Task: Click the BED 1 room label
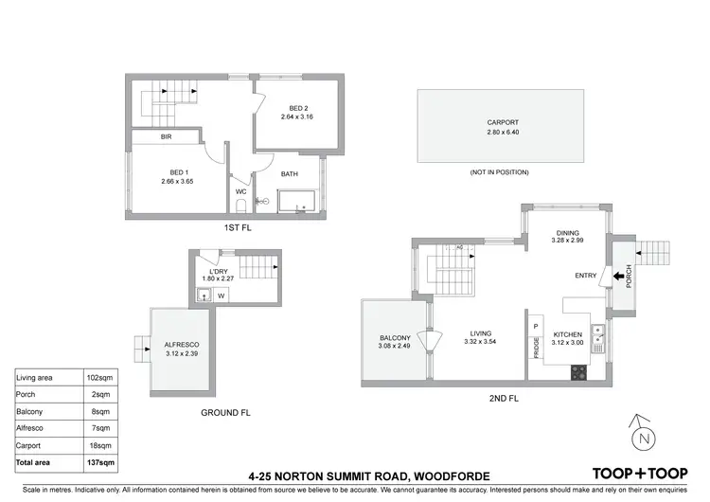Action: pos(176,173)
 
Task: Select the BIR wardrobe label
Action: pos(166,137)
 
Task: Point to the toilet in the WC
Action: pos(241,204)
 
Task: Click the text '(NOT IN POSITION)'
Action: pos(499,172)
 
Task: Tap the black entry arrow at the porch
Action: pos(619,276)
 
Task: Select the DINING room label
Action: pos(567,233)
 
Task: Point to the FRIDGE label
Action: pos(536,346)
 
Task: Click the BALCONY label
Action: pos(395,338)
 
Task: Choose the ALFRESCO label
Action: pos(180,345)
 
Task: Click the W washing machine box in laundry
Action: pos(221,295)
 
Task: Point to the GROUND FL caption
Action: pos(224,413)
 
